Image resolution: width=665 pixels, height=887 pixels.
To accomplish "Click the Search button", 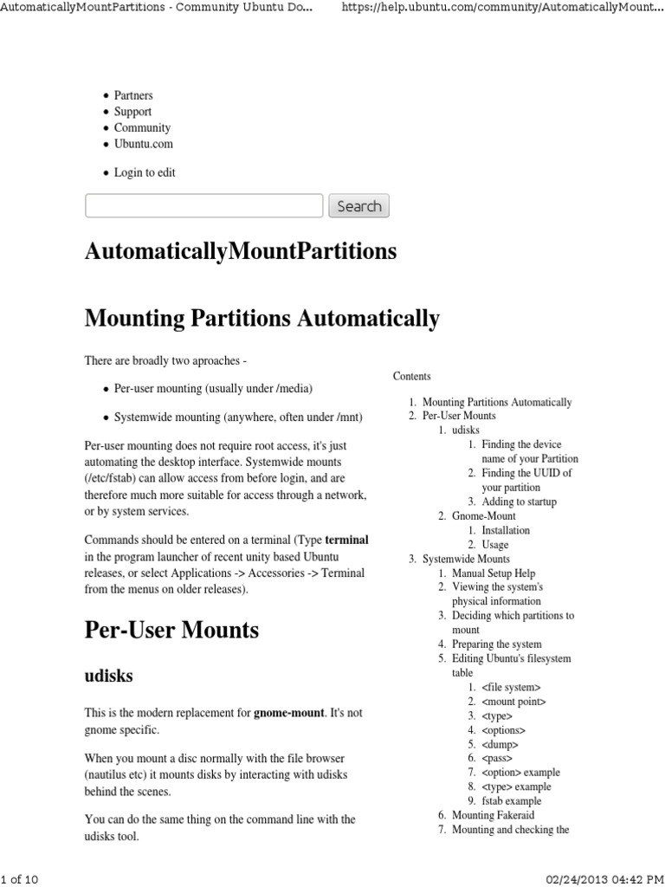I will (x=358, y=206).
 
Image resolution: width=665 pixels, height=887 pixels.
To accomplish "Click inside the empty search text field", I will (x=203, y=206).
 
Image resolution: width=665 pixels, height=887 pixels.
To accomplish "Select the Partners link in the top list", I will (x=133, y=95).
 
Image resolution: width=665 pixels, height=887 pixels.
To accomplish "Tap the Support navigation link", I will (x=132, y=112).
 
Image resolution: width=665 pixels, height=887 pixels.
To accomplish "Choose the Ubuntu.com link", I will (x=144, y=144).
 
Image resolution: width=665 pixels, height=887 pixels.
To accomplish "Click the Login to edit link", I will (x=145, y=172).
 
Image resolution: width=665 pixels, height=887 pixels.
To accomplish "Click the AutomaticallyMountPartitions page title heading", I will (x=241, y=252).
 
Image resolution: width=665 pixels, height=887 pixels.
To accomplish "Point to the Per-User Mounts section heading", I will (x=171, y=630).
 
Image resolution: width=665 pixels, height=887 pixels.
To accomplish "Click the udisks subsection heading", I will (x=108, y=675).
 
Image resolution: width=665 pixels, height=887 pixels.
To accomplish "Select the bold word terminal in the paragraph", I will (x=346, y=540).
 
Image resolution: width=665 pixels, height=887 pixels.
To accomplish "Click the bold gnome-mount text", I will (x=288, y=713).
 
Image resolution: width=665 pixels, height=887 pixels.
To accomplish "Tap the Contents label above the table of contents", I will (x=411, y=376).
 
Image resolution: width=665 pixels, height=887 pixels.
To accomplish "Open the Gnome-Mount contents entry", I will (x=480, y=516).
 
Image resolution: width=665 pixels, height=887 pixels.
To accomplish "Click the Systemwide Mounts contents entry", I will (x=466, y=559).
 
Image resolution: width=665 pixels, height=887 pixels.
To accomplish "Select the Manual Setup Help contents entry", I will (x=494, y=573).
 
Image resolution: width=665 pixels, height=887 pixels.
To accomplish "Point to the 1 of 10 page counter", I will (x=20, y=879).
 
